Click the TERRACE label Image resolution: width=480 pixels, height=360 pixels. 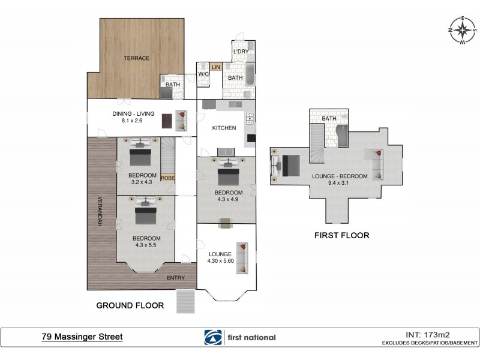coord(136,58)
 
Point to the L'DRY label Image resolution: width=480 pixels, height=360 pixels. coord(241,52)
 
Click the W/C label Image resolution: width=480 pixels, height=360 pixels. coord(203,75)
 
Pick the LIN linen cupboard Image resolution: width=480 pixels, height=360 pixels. coord(215,67)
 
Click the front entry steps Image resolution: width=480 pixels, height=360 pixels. coord(187,300)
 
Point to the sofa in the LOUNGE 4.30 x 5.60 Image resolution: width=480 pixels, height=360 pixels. coord(242,257)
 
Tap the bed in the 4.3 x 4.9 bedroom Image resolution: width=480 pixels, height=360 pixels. coord(226,174)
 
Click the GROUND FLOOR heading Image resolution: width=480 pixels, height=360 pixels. coord(130,305)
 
